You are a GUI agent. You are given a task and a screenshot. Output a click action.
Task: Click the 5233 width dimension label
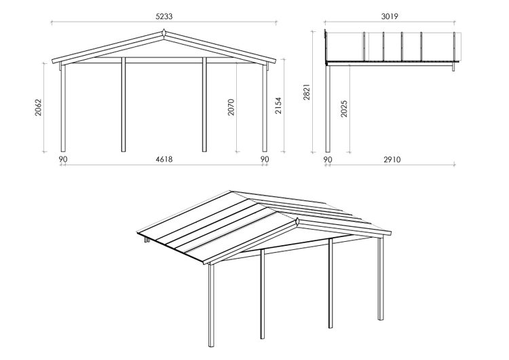coord(164,16)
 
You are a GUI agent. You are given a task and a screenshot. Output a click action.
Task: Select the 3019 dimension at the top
coord(390,16)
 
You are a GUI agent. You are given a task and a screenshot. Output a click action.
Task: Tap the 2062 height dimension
coord(39,107)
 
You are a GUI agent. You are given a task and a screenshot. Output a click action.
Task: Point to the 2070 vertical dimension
coord(231,107)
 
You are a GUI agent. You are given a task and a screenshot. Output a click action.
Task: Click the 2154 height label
coord(278,105)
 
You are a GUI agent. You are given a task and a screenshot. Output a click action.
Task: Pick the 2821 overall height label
coord(307,92)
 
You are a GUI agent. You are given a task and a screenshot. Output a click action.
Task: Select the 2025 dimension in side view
coord(344,109)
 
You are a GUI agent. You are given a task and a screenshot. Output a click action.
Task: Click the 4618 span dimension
coord(164,159)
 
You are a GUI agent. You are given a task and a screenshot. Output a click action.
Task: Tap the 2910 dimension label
coord(392,160)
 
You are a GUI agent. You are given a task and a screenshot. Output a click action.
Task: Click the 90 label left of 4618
coord(63,159)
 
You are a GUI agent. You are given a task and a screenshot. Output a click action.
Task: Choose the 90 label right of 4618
coord(265,159)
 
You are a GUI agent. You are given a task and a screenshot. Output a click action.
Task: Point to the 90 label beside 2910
coord(328,160)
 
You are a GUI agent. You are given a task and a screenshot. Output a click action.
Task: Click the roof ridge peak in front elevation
coord(164,33)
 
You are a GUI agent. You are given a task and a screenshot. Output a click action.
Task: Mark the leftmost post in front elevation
coord(63,108)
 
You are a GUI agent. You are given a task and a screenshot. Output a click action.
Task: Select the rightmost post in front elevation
coord(265,108)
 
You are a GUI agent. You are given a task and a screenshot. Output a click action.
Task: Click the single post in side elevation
coord(328,109)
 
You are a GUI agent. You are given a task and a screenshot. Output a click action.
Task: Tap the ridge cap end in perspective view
coord(297,223)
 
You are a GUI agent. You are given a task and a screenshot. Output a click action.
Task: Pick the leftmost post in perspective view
coord(212,306)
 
